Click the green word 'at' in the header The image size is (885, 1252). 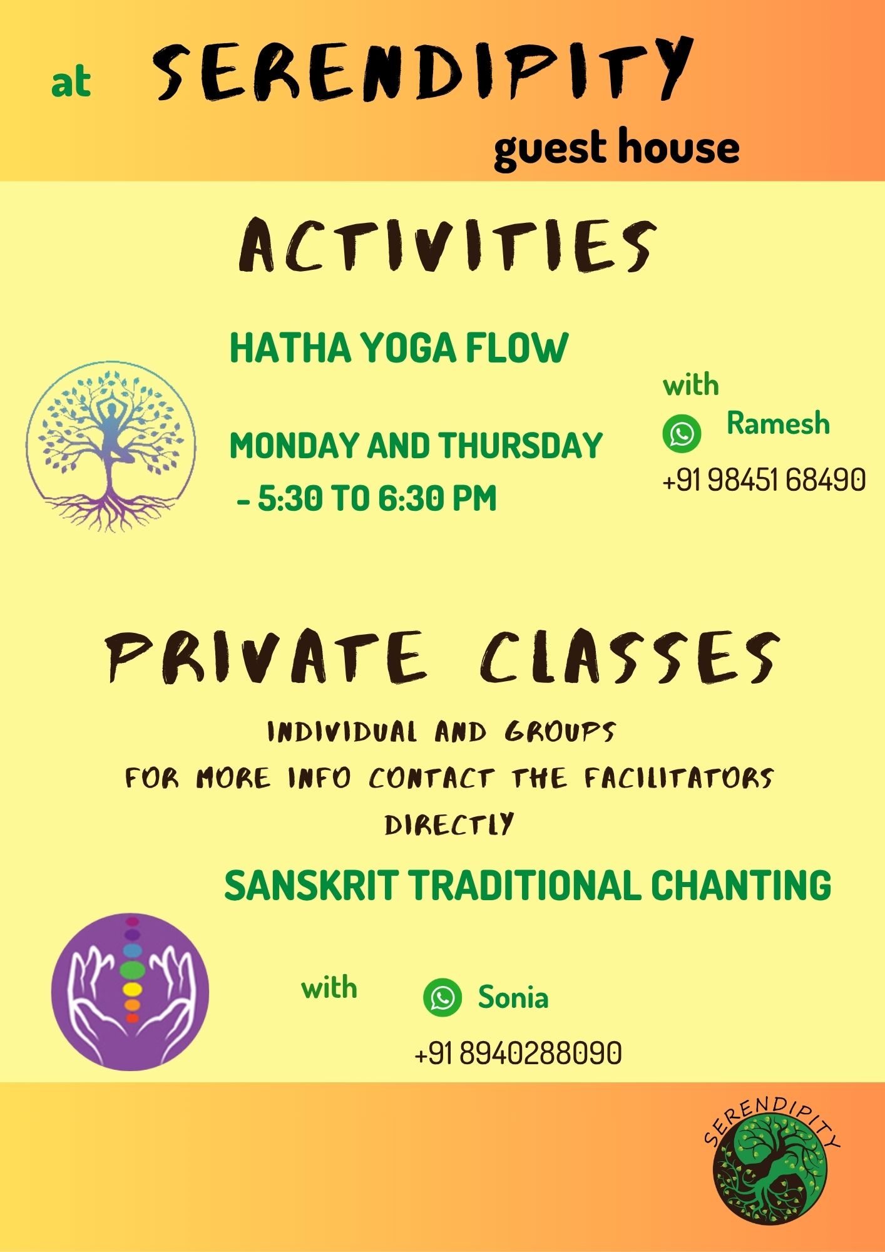pyautogui.click(x=71, y=83)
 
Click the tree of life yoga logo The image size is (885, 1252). pyautogui.click(x=111, y=446)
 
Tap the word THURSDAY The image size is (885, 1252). pyautogui.click(x=519, y=445)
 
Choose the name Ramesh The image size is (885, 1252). pyautogui.click(x=778, y=424)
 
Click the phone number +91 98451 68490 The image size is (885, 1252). pyautogui.click(x=764, y=480)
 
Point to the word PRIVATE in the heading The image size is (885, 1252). pyautogui.click(x=266, y=657)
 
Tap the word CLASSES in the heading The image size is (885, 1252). pyautogui.click(x=630, y=657)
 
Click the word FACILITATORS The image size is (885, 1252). pyautogui.click(x=679, y=778)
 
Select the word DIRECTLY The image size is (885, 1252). pyautogui.click(x=449, y=824)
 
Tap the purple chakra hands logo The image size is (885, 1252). pyautogui.click(x=130, y=992)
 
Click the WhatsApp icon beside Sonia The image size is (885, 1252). pyautogui.click(x=442, y=997)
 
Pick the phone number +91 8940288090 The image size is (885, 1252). pyautogui.click(x=518, y=1053)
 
